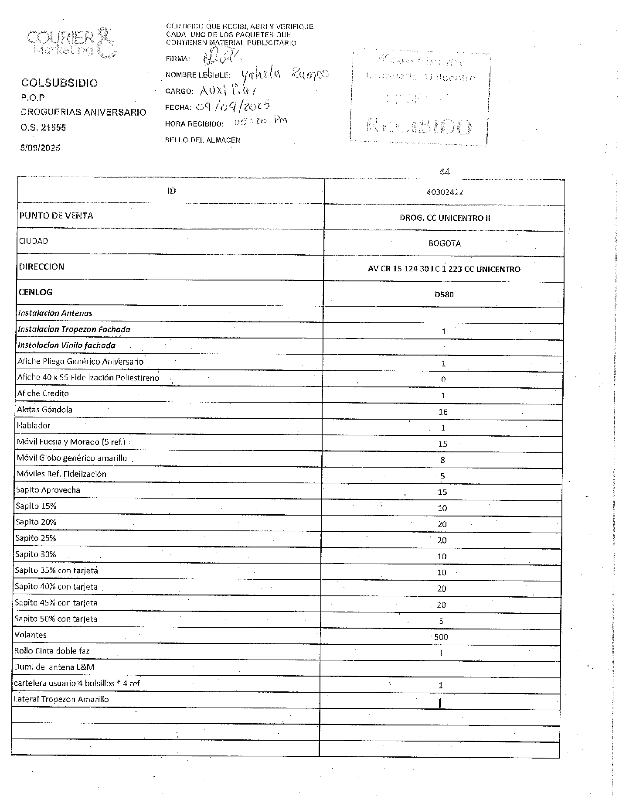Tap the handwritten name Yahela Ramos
pos(285,75)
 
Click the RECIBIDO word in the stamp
pos(419,127)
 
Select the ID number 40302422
pos(445,192)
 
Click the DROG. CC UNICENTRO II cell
pos(445,218)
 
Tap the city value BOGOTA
pos(445,243)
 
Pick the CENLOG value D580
pos(444,294)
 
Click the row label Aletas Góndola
pos(44,410)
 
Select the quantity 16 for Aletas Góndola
pos(443,412)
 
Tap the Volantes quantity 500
pos(441,637)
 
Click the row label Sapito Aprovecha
pos(48,490)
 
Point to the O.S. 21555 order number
pos(44,128)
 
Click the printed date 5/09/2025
pos(40,148)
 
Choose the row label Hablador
pos(34,426)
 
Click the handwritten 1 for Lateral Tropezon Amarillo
pos(441,703)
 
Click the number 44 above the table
pos(445,171)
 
